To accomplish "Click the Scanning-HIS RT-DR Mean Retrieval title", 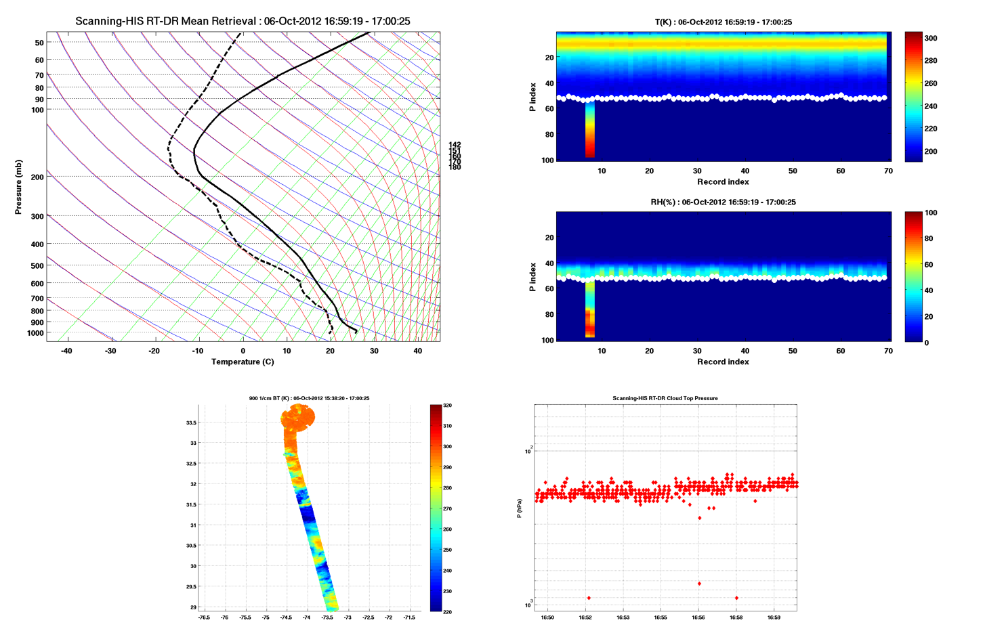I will (x=243, y=21).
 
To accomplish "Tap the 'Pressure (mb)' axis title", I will (x=18, y=188).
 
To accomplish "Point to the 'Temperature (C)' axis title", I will (x=243, y=362).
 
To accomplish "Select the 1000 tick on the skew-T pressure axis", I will (x=35, y=333).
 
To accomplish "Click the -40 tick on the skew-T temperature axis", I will (x=66, y=351).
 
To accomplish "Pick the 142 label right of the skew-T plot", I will (x=455, y=145).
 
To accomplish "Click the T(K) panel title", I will (x=723, y=22).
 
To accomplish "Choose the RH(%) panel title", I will (x=723, y=202).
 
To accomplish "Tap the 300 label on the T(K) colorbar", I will (x=931, y=39).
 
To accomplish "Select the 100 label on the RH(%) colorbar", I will (x=931, y=213).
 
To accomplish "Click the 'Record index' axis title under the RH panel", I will (x=723, y=362).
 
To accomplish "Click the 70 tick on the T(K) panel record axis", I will (x=888, y=171).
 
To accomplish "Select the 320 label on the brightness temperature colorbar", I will (x=446, y=406).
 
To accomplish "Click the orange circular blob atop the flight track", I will (x=299, y=417).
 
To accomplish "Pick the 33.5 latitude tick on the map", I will (x=191, y=422).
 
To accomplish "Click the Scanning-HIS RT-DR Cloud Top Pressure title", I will (x=665, y=398).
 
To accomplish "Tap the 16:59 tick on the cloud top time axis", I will (x=774, y=617).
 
